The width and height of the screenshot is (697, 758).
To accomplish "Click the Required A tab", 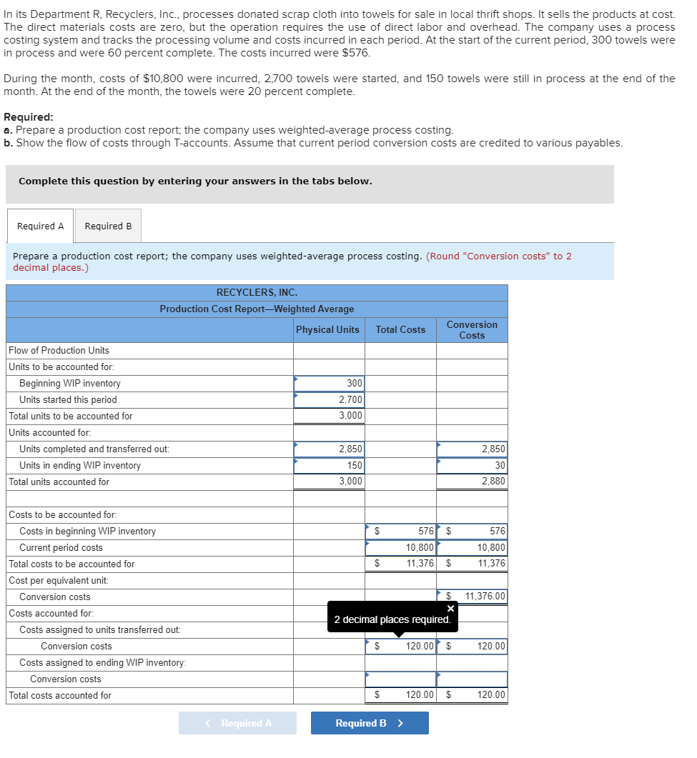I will point(40,226).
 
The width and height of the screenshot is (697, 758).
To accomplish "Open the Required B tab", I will point(108,226).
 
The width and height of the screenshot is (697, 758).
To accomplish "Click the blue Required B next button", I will point(370,723).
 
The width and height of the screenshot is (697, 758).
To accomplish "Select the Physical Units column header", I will point(328,329).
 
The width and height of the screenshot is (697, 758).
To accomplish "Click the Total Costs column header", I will point(400,329).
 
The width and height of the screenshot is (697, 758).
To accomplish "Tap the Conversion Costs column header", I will point(472,329).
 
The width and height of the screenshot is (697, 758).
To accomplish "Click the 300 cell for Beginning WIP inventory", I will point(329,384).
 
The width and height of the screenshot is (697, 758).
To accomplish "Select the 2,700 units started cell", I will point(329,400).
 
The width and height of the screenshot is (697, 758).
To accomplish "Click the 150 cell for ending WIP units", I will point(329,466).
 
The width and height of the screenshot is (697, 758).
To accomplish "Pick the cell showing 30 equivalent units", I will point(472,466).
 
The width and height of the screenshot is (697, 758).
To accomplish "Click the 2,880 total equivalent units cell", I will point(472,482).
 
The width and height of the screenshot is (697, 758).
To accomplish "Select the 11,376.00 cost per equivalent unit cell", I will point(472,597).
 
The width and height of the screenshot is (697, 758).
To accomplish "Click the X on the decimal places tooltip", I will point(450,609).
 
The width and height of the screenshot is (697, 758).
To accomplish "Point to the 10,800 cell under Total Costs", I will point(400,548).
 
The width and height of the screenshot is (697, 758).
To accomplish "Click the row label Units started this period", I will point(68,400).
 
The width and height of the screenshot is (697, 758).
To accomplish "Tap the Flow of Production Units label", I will point(59,350).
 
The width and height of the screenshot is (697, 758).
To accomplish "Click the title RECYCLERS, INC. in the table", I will point(257,292).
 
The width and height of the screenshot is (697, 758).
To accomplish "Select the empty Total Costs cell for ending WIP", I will point(400,679).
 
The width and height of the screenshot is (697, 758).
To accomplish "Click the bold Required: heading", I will point(28,117).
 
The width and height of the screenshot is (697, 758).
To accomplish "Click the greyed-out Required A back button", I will point(237,723).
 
